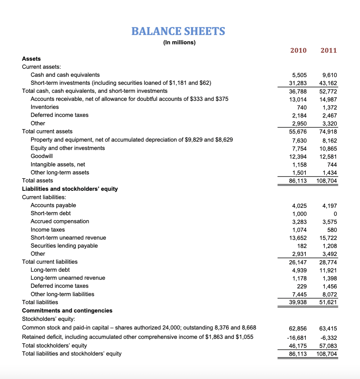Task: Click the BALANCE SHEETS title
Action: tap(178, 31)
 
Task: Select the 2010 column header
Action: tap(298, 50)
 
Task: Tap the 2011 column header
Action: tap(329, 50)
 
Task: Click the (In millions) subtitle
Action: tap(179, 42)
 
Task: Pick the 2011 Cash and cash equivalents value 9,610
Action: tap(330, 75)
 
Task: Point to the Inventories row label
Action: tap(45, 107)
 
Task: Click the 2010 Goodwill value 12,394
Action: tap(298, 157)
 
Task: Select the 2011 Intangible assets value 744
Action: tap(332, 165)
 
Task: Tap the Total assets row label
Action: tap(38, 181)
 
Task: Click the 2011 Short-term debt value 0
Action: tap(335, 214)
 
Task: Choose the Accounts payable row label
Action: tap(53, 205)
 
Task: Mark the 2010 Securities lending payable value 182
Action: tap(302, 246)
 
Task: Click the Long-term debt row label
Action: tap(50, 270)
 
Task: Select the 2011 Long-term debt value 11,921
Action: tap(328, 270)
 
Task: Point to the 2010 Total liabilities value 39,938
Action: tap(298, 302)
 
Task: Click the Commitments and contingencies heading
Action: tap(67, 311)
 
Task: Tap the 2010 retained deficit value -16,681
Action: tap(297, 338)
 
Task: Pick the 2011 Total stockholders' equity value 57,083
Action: tap(328, 346)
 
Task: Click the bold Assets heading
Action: tap(31, 59)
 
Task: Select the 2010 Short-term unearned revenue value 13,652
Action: tap(298, 238)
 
